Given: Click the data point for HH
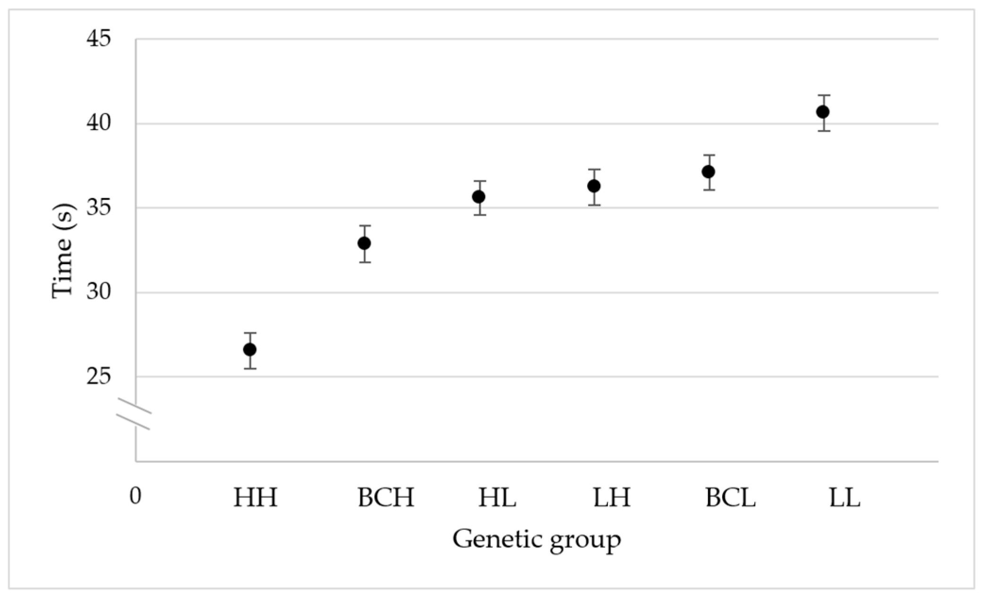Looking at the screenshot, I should (x=250, y=349).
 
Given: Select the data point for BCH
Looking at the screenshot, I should (x=364, y=243).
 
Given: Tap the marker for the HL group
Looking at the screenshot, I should (x=479, y=196).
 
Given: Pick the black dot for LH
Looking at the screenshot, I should (x=594, y=186).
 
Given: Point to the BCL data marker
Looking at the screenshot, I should (x=708, y=171).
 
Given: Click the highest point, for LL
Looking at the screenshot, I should (x=823, y=112).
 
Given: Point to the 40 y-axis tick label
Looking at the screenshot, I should (x=98, y=123).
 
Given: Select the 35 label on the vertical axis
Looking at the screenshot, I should (x=98, y=208).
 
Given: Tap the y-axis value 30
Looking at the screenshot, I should (x=98, y=292).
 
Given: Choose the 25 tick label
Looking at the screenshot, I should (x=98, y=376).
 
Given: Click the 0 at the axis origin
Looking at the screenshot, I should (x=136, y=496).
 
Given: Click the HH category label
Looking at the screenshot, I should (x=256, y=498).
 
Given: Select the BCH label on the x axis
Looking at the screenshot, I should (x=385, y=498).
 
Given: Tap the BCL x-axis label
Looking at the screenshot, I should (x=730, y=498).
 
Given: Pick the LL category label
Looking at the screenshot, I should (x=845, y=498).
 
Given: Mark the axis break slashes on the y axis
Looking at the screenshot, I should (x=134, y=414).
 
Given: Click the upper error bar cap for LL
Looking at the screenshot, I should (x=824, y=95).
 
